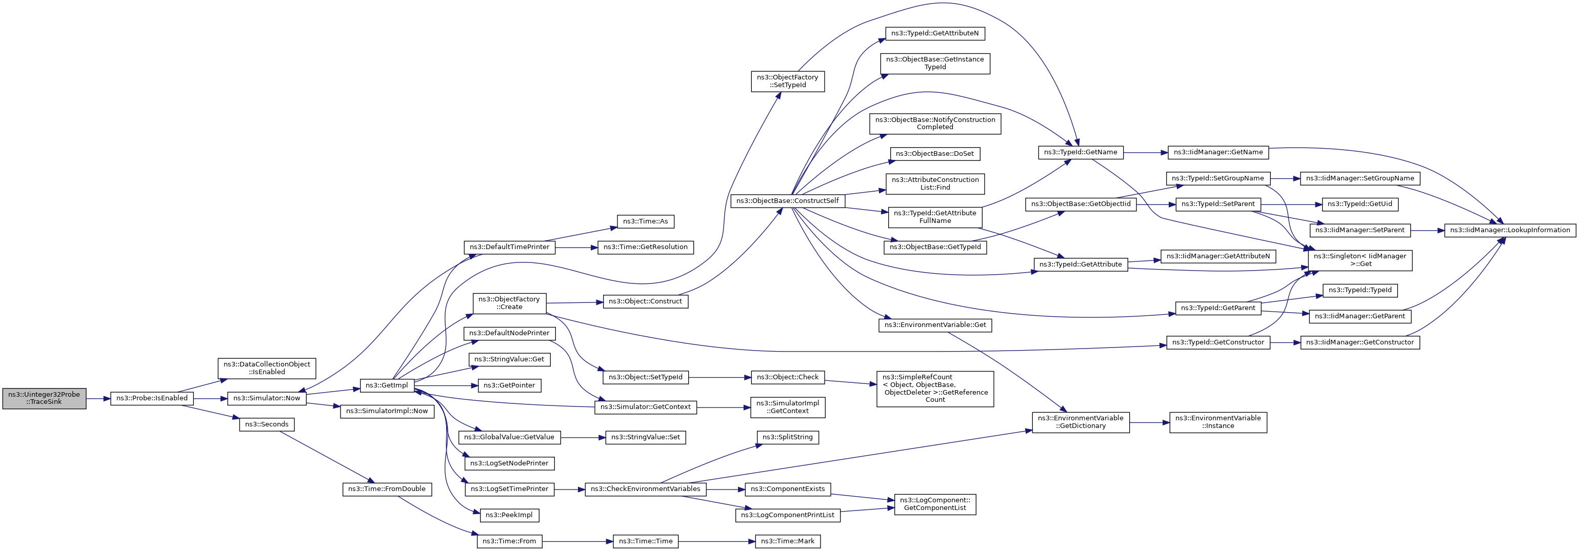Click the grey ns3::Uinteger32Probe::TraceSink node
click(44, 398)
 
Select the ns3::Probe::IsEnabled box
click(152, 398)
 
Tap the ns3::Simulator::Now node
click(267, 398)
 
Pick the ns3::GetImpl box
click(386, 385)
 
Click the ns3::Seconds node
click(267, 424)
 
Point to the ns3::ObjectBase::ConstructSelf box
click(788, 201)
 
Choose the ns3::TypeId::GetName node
click(1081, 153)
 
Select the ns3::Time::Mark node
click(788, 541)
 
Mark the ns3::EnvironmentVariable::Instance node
click(1218, 422)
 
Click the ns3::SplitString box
click(788, 438)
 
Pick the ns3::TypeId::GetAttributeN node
click(935, 34)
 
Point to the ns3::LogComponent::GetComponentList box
click(935, 504)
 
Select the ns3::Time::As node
click(646, 221)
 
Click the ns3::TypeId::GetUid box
click(1360, 204)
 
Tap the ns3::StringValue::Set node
click(646, 438)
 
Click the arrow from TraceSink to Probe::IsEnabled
click(98, 398)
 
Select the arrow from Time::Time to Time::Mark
click(716, 541)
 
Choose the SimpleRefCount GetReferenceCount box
click(935, 389)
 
